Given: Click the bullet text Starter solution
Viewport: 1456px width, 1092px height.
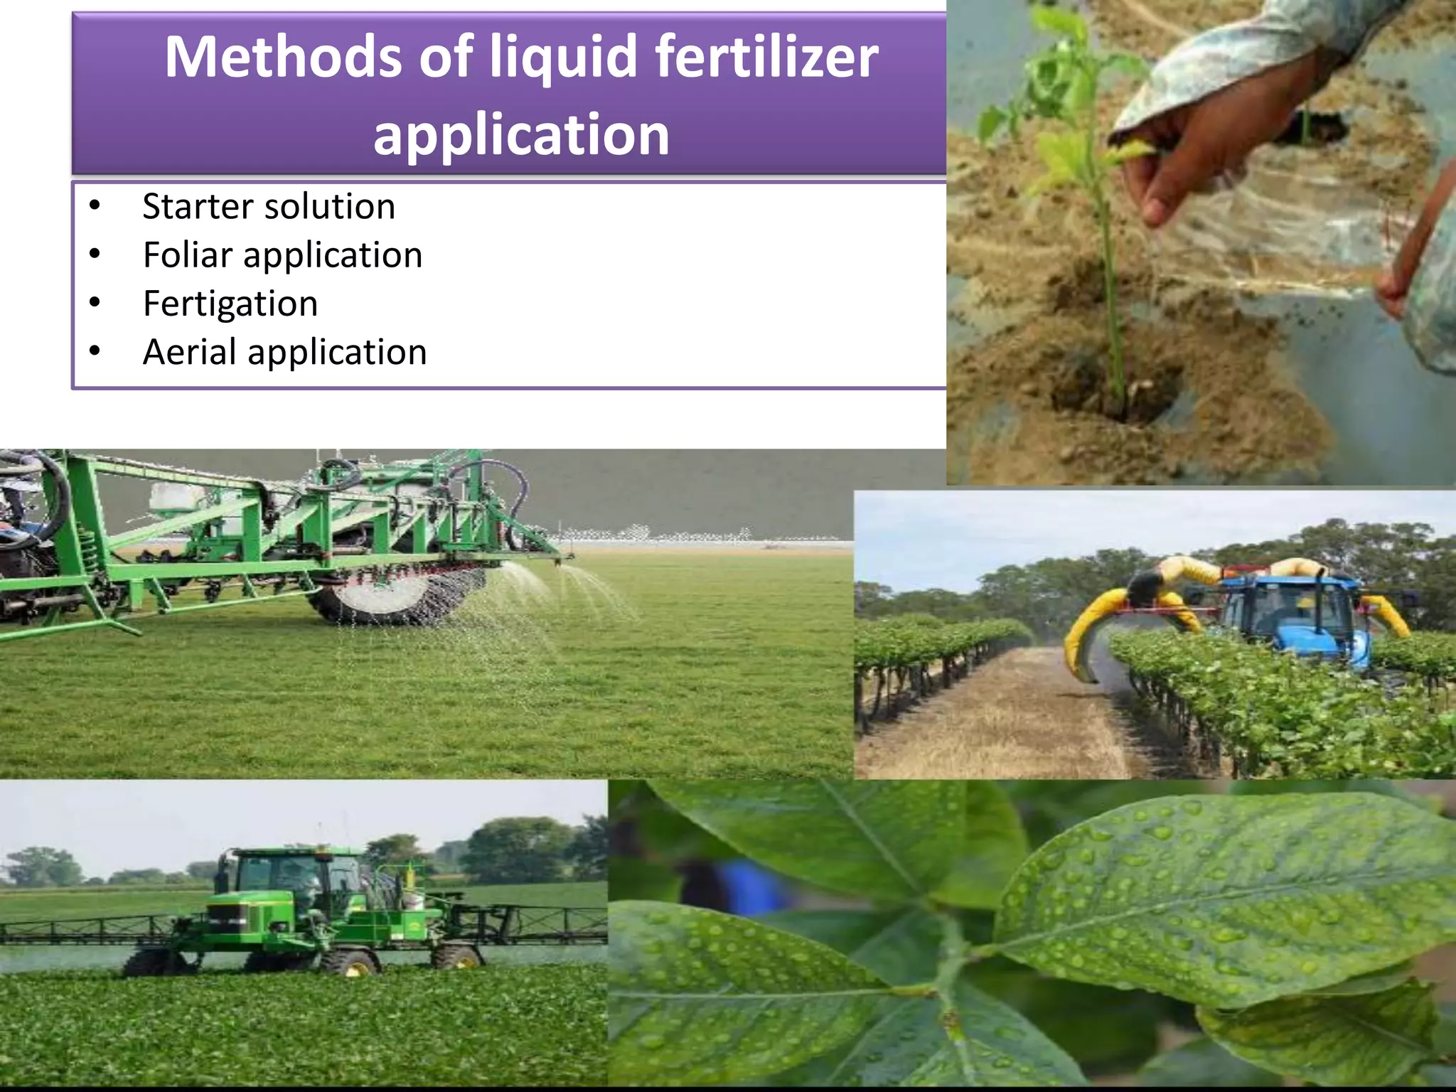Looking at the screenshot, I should tap(269, 207).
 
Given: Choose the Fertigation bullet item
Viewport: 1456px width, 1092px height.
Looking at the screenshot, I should tap(230, 304).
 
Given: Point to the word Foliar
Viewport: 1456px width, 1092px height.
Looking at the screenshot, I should tap(188, 255).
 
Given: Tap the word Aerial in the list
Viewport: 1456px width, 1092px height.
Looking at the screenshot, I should tap(189, 352).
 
